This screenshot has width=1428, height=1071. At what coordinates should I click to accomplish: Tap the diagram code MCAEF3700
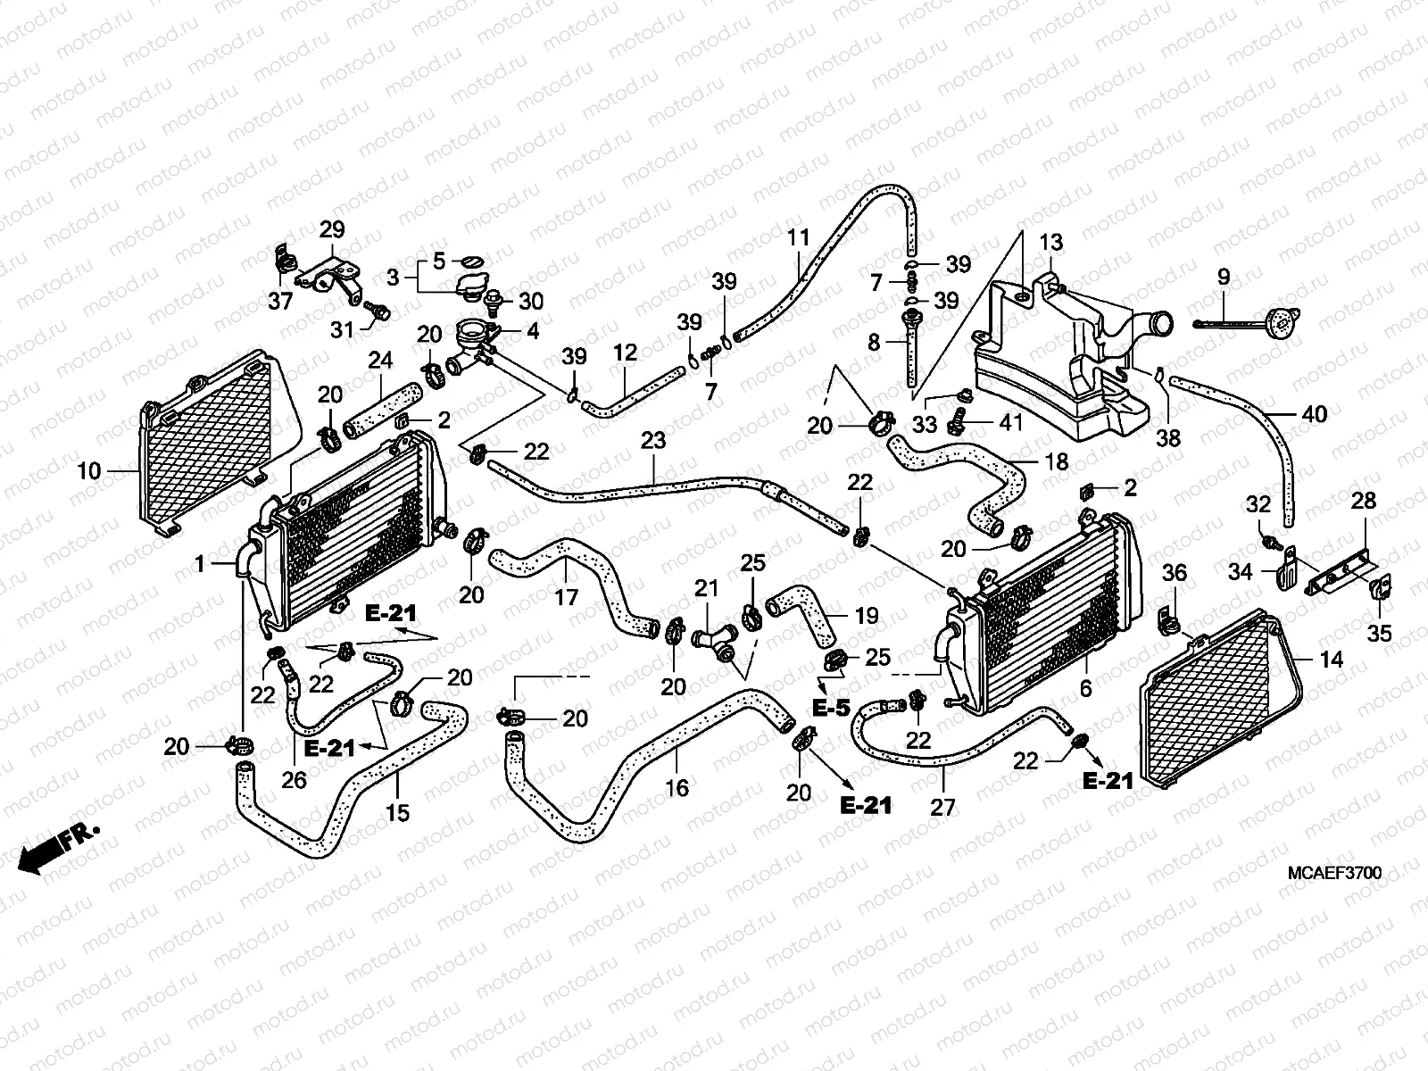coord(1333,873)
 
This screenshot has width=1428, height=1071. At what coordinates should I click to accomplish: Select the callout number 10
coord(89,470)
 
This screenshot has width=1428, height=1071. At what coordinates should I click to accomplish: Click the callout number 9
coord(1223,278)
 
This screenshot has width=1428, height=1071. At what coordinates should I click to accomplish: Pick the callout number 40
coord(1315,414)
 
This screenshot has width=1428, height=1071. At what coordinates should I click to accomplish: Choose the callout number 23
coord(653,440)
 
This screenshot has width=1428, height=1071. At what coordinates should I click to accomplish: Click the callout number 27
coord(942,807)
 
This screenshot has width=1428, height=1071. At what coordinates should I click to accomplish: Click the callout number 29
coord(332,228)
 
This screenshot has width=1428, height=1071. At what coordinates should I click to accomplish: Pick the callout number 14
coord(1331,660)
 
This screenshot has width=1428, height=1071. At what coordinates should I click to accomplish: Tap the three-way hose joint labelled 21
coord(712,637)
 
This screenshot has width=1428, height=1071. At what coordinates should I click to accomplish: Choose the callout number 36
coord(1175,572)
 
